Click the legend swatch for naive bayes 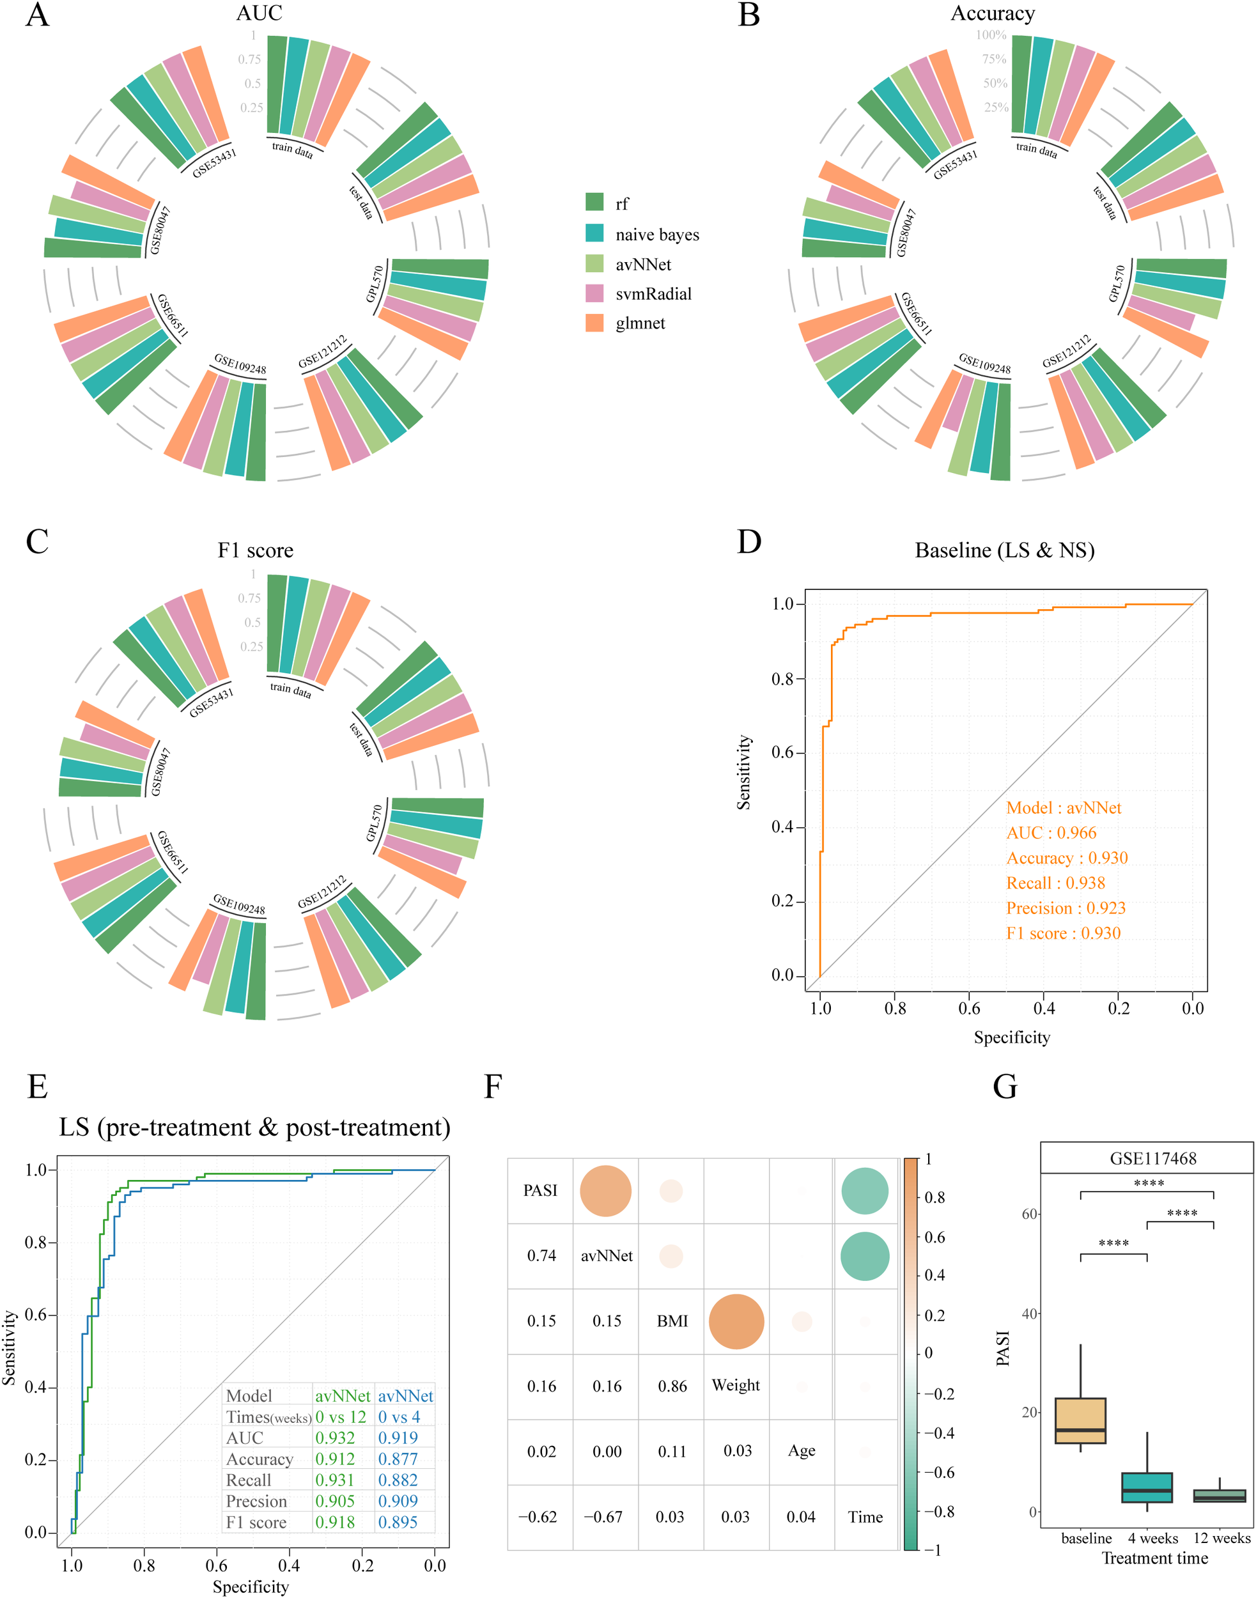(x=594, y=233)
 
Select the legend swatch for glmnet (x=594, y=323)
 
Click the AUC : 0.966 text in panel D (x=1051, y=832)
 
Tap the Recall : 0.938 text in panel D (x=1055, y=883)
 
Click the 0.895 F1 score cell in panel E (x=398, y=1523)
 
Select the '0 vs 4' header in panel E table (x=399, y=1416)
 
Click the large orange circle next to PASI (x=605, y=1191)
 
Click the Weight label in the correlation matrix (x=735, y=1386)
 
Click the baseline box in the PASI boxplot (x=1080, y=1420)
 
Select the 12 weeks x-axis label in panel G (x=1221, y=1539)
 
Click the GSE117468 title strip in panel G (x=1152, y=1158)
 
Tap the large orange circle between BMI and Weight (x=736, y=1321)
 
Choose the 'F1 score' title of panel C (x=255, y=550)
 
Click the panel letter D (x=748, y=542)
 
